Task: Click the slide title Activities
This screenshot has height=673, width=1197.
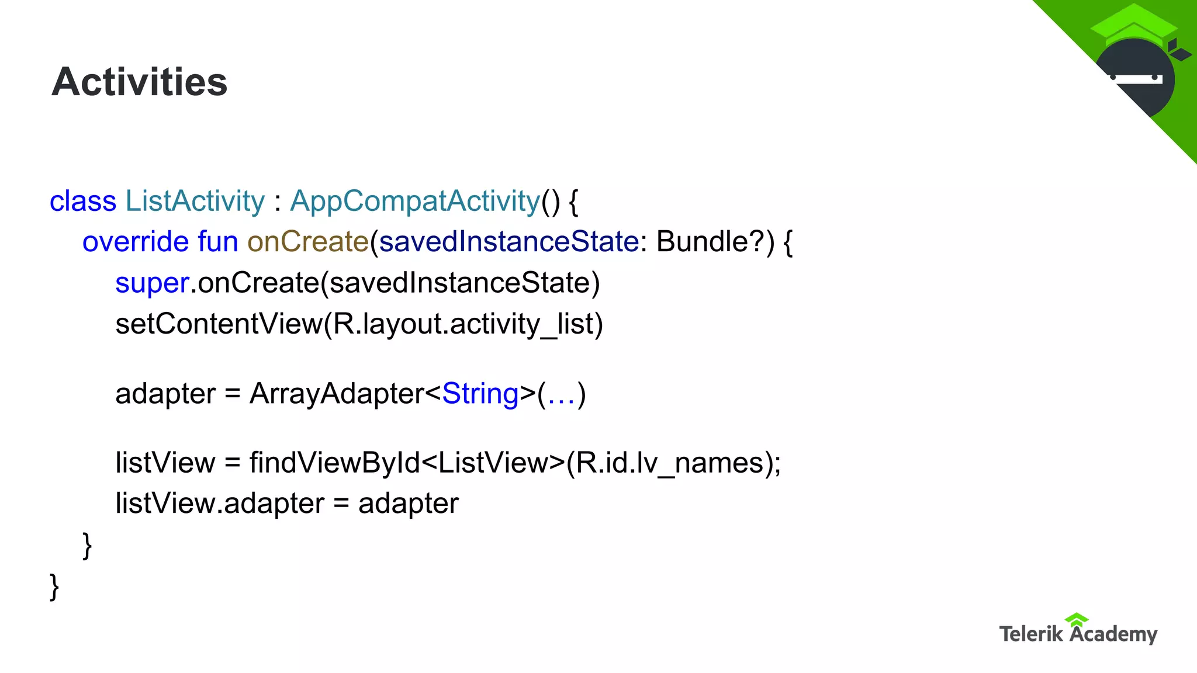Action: click(x=139, y=82)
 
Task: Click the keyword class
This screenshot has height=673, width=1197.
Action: click(x=83, y=202)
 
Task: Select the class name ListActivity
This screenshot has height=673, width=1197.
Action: click(x=195, y=202)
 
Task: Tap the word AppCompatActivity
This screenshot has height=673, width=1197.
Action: click(x=415, y=202)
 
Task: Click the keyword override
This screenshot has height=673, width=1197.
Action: click(x=136, y=242)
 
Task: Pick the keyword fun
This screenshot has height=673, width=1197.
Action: click(x=218, y=242)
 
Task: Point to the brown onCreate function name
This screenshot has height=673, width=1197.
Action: click(x=307, y=242)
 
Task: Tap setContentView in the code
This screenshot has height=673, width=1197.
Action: click(x=219, y=324)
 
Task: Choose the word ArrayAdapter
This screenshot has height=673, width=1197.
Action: click(x=337, y=394)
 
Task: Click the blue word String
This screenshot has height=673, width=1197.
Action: click(x=480, y=394)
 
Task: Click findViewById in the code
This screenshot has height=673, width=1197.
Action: click(x=335, y=463)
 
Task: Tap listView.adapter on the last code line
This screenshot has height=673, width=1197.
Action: click(x=220, y=504)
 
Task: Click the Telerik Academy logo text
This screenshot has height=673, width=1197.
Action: click(x=1078, y=633)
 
